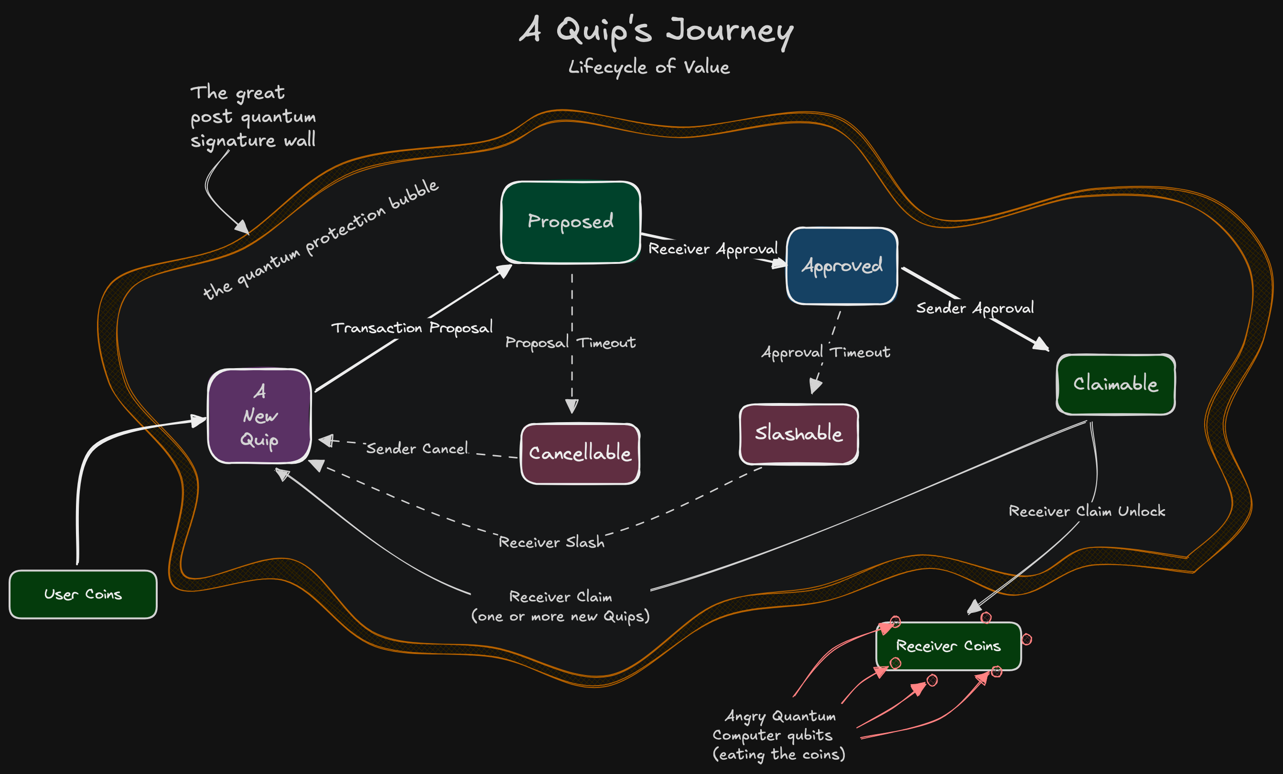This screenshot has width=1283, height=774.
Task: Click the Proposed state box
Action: pyautogui.click(x=570, y=222)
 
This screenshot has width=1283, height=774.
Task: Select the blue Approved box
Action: pyautogui.click(x=841, y=266)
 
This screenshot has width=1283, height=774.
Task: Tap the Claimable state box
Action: pyautogui.click(x=1115, y=384)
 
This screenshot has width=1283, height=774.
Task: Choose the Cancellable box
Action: pyautogui.click(x=580, y=453)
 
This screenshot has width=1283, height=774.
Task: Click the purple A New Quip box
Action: pyautogui.click(x=259, y=415)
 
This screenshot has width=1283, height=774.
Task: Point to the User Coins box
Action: pyautogui.click(x=83, y=594)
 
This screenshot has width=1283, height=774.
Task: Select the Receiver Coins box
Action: pyautogui.click(x=948, y=646)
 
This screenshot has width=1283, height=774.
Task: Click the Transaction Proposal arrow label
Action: pyautogui.click(x=412, y=327)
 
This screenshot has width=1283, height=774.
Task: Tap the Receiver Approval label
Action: pyautogui.click(x=713, y=249)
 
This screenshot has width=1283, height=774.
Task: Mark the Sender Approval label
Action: pyautogui.click(x=975, y=308)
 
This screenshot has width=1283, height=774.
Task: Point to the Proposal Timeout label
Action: pyautogui.click(x=570, y=343)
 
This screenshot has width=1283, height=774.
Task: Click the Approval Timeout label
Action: pyautogui.click(x=826, y=353)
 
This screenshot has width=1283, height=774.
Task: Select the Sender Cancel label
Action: pyautogui.click(x=417, y=448)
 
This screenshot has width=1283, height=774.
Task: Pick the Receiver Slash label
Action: pyautogui.click(x=551, y=542)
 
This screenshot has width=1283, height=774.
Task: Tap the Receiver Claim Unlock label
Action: pyautogui.click(x=1087, y=511)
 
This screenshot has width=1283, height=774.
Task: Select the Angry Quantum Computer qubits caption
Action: pyautogui.click(x=778, y=735)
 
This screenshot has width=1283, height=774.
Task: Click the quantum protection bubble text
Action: pyautogui.click(x=321, y=240)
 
